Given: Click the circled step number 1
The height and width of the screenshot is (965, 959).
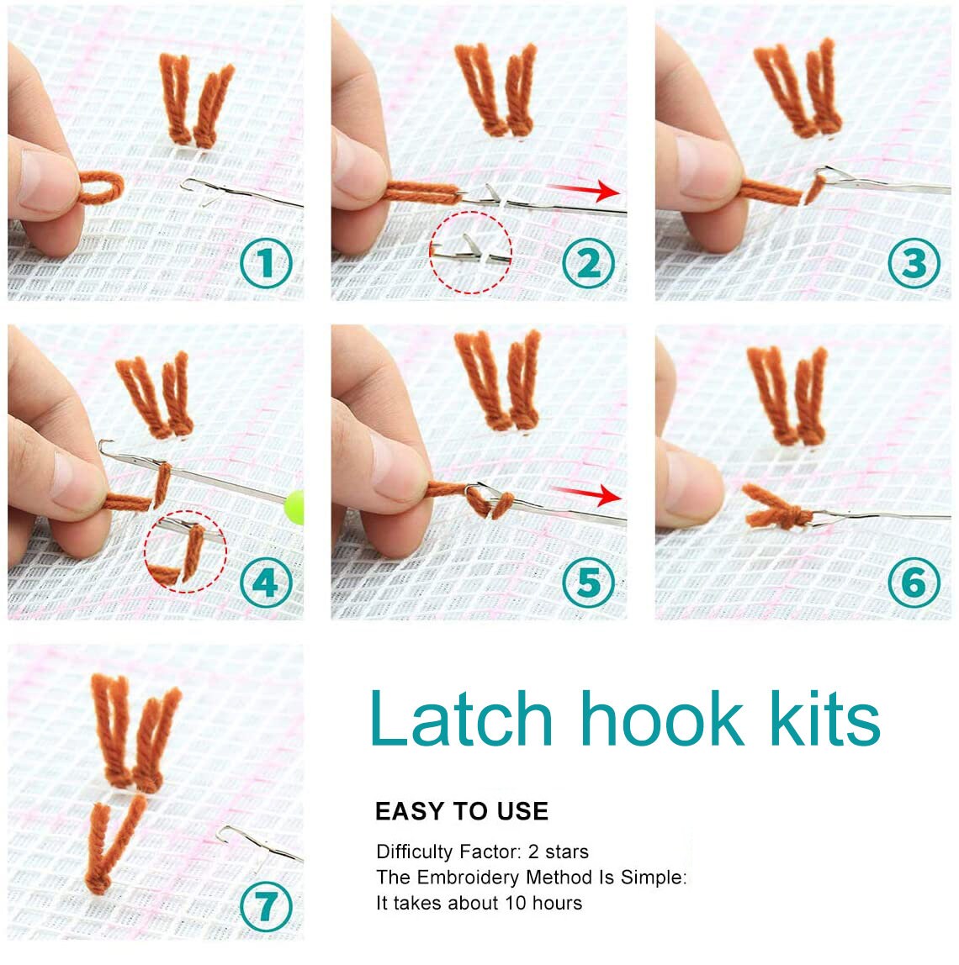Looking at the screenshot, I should pyautogui.click(x=266, y=263).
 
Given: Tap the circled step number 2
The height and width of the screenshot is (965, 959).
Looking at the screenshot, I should pyautogui.click(x=589, y=263).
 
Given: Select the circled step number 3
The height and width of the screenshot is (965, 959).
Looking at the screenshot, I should pyautogui.click(x=914, y=263).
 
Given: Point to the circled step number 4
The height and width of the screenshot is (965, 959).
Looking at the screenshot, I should pyautogui.click(x=266, y=583).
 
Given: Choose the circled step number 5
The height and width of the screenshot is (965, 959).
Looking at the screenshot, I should pyautogui.click(x=589, y=583).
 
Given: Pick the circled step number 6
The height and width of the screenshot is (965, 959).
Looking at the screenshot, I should pyautogui.click(x=914, y=583).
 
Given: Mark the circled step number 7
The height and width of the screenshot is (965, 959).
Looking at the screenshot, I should pyautogui.click(x=266, y=905).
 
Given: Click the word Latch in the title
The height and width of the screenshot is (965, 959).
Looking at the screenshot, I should pyautogui.click(x=460, y=719).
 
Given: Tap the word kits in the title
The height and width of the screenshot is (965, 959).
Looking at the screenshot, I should pyautogui.click(x=818, y=719).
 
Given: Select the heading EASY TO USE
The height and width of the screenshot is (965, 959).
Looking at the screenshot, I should pyautogui.click(x=461, y=811).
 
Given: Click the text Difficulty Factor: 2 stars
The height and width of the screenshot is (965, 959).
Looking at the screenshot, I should pyautogui.click(x=482, y=852).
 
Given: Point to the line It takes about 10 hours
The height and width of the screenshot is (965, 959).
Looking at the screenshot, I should pyautogui.click(x=479, y=904).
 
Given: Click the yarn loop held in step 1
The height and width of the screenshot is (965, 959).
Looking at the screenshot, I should pyautogui.click(x=99, y=185).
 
